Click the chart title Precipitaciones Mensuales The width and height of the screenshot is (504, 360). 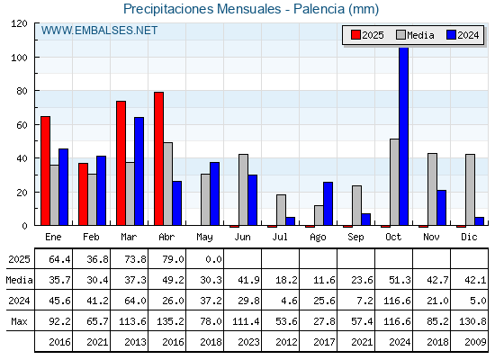pos(202,9)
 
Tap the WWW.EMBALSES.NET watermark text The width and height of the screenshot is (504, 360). pos(99,31)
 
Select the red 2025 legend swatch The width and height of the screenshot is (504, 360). pos(355,35)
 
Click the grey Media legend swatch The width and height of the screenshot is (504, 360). pos(400,35)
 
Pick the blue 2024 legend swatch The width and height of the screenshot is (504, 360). pos(451,35)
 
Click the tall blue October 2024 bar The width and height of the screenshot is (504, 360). pos(404,136)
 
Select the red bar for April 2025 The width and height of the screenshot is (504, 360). pos(158,158)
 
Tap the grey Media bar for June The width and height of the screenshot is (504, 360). pos(243,190)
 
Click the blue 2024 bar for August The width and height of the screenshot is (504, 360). pos(328,203)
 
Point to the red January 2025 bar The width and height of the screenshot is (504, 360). pos(45,171)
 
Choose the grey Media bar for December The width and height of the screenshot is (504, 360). pos(470,190)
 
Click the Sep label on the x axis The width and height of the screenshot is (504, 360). pos(355,238)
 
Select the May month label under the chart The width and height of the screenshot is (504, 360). pos(204,238)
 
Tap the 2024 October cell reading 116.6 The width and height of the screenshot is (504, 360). pos(397,301)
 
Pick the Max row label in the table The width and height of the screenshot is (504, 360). pos(19,321)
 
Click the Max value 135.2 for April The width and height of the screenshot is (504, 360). pos(170,321)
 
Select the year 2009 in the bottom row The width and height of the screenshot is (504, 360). pos(475,342)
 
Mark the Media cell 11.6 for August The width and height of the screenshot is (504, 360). pos(324,280)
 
